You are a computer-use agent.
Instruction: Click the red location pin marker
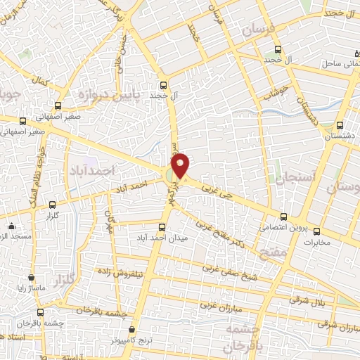tap(181, 165)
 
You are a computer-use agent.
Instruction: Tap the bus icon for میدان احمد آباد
tap(162, 227)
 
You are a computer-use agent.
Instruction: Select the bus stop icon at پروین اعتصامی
tap(283, 217)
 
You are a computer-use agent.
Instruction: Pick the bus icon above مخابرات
tap(316, 231)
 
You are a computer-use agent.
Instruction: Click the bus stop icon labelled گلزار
tap(52, 205)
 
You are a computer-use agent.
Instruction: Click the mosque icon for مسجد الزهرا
tap(11, 226)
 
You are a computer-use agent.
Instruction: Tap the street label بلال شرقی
tap(304, 300)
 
